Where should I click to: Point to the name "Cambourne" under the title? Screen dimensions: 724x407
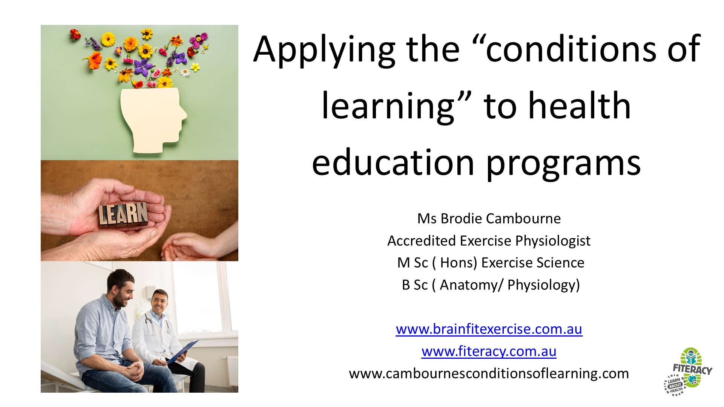(523, 219)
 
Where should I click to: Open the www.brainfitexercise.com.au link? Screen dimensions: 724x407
(489, 329)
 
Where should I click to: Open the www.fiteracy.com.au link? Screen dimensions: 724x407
(489, 351)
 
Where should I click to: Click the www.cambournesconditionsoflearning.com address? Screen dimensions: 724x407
(489, 373)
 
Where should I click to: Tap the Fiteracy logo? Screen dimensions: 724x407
(688, 372)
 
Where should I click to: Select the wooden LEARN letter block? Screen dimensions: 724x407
(123, 215)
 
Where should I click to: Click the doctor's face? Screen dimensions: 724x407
(160, 303)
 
